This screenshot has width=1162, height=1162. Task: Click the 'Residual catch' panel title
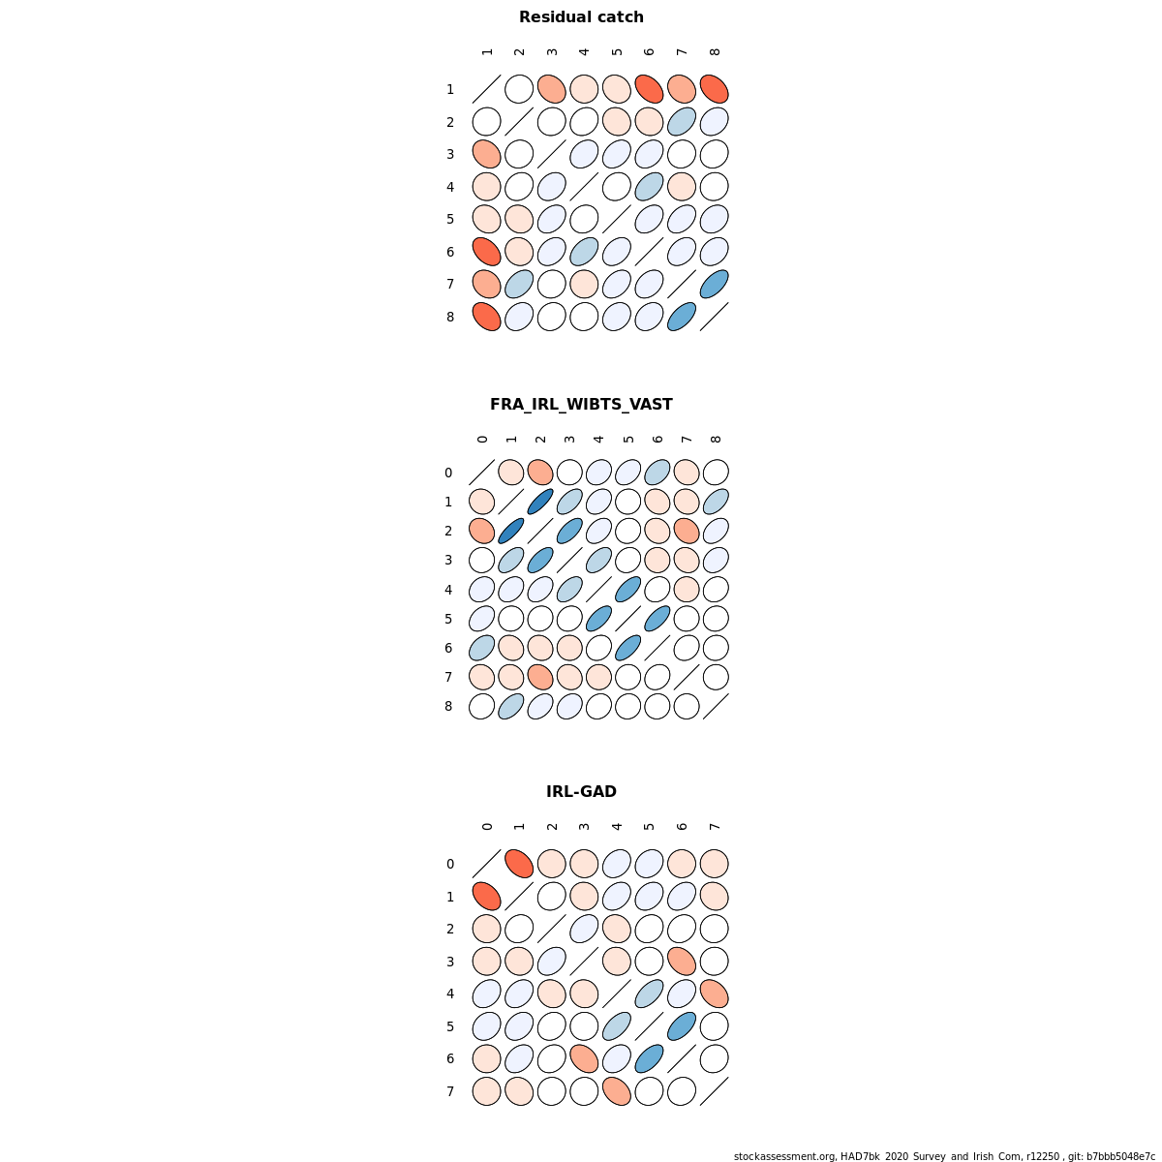click(x=581, y=17)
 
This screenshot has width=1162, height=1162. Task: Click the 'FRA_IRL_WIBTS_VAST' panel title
click(x=581, y=405)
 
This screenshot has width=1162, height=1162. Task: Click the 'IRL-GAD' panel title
click(x=581, y=792)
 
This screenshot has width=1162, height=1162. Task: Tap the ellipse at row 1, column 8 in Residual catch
click(x=714, y=89)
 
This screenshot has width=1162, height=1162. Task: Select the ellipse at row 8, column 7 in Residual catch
click(x=682, y=317)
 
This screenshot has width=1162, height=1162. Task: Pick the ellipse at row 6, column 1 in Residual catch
click(x=486, y=252)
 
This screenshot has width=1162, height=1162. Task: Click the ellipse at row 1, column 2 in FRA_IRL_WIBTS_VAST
click(x=540, y=502)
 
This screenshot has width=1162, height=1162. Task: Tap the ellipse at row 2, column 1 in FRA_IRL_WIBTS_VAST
click(x=511, y=531)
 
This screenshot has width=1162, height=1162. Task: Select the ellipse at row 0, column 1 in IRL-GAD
click(x=519, y=864)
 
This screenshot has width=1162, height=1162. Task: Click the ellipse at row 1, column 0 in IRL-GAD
click(x=486, y=897)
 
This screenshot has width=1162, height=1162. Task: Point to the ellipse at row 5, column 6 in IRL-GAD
click(x=682, y=1026)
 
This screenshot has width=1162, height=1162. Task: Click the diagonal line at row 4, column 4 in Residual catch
click(x=584, y=187)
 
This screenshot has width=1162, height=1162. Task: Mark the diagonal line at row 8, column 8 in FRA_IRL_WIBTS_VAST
click(x=716, y=706)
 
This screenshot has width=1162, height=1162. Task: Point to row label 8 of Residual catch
click(x=450, y=317)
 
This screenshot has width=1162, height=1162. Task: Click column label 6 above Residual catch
click(x=649, y=52)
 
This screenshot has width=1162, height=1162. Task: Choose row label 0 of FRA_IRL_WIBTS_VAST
click(x=448, y=473)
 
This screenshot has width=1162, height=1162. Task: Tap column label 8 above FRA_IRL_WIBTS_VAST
click(x=716, y=440)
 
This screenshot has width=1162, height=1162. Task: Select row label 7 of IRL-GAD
click(x=450, y=1091)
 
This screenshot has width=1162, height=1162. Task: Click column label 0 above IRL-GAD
click(x=487, y=827)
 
